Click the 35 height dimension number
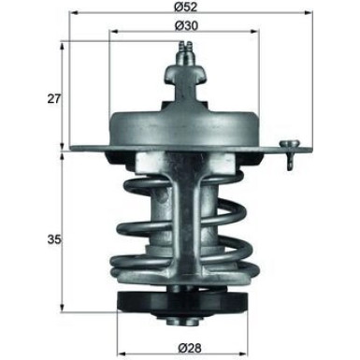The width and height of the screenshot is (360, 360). [52, 240]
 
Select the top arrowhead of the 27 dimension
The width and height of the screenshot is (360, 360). [63, 45]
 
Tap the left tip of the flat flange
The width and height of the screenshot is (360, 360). [67, 150]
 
